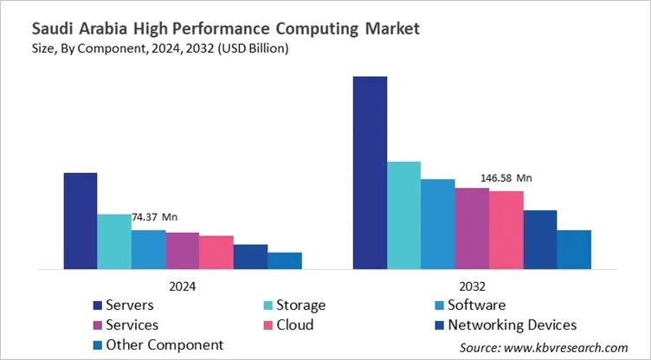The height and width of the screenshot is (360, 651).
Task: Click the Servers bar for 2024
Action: pyautogui.click(x=81, y=222)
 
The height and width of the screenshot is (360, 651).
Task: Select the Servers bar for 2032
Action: pyautogui.click(x=370, y=173)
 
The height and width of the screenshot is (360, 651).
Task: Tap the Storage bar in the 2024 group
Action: pyautogui.click(x=114, y=242)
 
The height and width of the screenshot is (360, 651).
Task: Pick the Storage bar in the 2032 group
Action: pyautogui.click(x=403, y=215)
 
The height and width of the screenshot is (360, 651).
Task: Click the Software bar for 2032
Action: pyautogui.click(x=437, y=224)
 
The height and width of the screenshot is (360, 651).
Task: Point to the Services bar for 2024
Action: pyautogui.click(x=183, y=251)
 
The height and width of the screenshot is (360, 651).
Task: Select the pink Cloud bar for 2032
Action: pyautogui.click(x=506, y=230)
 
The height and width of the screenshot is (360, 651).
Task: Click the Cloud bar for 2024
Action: pyautogui.click(x=216, y=253)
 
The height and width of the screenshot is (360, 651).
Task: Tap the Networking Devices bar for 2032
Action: pyautogui.click(x=539, y=240)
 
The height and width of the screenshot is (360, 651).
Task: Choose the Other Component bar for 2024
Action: pyautogui.click(x=285, y=261)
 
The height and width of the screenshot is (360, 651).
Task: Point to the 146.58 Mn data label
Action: pyautogui.click(x=506, y=178)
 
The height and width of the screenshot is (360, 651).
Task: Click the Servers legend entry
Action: pyautogui.click(x=130, y=305)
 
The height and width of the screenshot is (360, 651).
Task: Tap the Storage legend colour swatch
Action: pyautogui.click(x=268, y=305)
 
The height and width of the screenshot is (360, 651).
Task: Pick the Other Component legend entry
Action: pyautogui.click(x=164, y=344)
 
